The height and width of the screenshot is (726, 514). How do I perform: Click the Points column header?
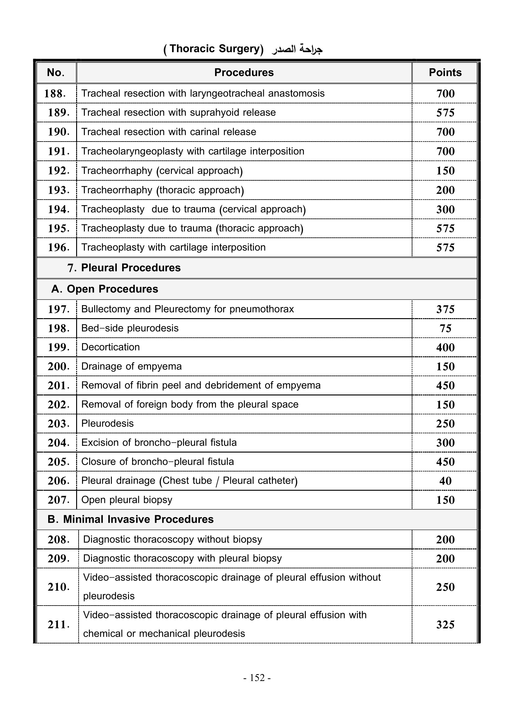(445, 72)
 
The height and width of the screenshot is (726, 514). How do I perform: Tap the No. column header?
(56, 72)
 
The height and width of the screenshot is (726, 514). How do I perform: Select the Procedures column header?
(244, 72)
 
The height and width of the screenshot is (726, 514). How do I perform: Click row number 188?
(55, 94)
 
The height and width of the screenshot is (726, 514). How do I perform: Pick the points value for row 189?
(445, 113)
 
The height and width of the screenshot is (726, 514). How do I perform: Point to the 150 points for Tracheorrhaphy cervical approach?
(445, 171)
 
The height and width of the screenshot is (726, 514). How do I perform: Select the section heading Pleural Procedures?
(131, 268)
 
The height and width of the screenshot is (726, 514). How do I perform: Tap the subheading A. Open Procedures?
(104, 289)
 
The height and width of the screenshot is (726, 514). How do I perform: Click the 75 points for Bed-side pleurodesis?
(445, 328)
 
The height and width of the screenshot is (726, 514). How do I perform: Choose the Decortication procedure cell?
(110, 347)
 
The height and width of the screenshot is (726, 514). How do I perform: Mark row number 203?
(58, 424)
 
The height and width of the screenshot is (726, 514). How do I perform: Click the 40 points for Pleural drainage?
(445, 481)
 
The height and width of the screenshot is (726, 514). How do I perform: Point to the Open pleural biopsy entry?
(126, 500)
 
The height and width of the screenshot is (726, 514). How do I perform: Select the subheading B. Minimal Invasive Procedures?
(131, 519)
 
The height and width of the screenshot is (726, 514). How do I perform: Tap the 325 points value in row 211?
(445, 625)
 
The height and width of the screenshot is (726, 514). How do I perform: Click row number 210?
(58, 587)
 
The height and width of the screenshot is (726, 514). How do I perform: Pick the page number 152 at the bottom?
(257, 678)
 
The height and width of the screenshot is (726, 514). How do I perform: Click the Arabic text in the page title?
(297, 49)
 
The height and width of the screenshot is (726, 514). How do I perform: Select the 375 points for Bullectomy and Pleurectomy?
(445, 309)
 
